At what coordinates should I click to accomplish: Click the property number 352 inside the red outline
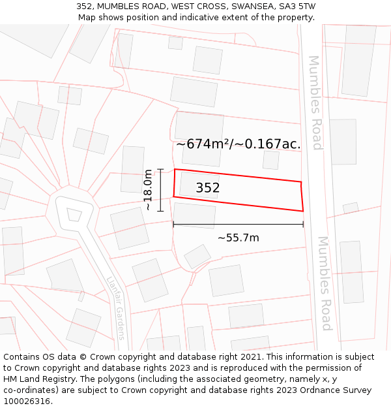pos(208,188)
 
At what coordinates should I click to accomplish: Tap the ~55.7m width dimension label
pos(238,238)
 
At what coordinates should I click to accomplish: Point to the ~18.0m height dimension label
pos(148,189)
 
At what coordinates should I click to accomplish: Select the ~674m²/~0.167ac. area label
pos(239,144)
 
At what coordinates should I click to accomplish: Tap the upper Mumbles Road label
pos(315,102)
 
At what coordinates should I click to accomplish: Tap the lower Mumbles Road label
pos(325,283)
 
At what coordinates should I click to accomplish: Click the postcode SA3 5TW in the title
pos(297,7)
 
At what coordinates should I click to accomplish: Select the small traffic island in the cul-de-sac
pos(74,214)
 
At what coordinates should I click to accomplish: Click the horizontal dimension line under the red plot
pos(238,225)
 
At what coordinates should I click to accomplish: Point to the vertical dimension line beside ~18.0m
pos(160,189)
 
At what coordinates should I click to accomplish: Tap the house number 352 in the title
pos(85,7)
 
